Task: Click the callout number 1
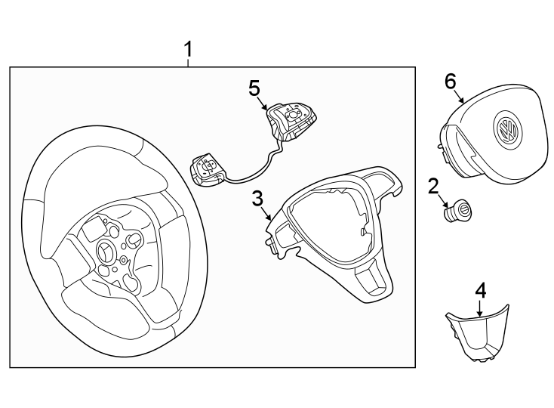(189, 51)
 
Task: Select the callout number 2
(432, 185)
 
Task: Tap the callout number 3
(257, 199)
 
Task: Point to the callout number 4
(481, 290)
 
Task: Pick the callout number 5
(254, 88)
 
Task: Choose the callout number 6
(451, 81)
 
